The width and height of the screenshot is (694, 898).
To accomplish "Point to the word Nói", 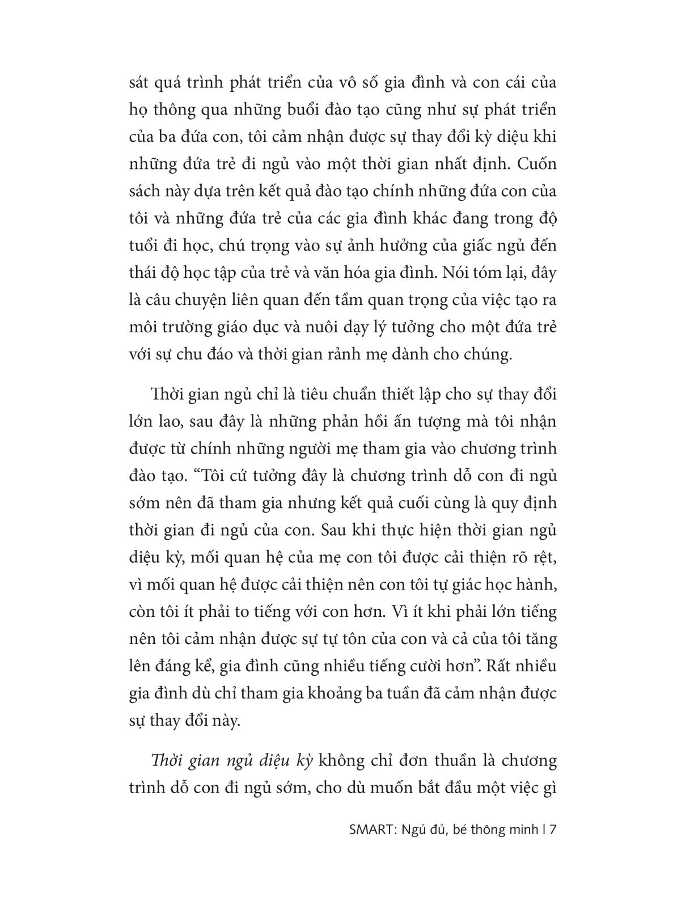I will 449,273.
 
